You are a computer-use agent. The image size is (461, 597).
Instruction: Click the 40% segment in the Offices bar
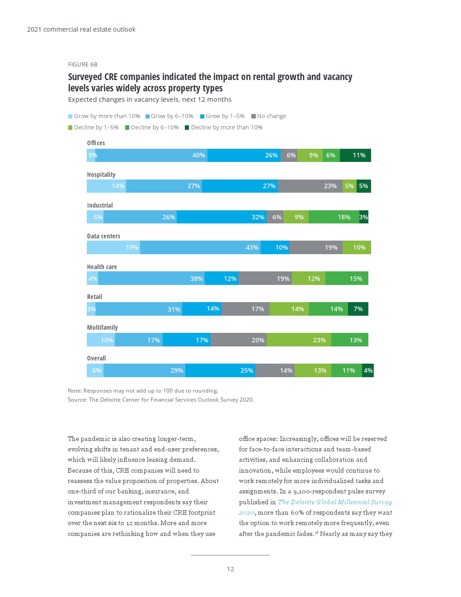[x=151, y=155]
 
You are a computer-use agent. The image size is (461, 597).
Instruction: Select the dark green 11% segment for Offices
[x=355, y=155]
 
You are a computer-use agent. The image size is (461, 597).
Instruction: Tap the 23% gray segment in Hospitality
[x=310, y=186]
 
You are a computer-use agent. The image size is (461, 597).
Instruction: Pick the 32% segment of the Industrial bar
[x=221, y=217]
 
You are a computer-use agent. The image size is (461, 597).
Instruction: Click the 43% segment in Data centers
[x=200, y=247]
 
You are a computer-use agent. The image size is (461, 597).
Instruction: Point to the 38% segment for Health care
[x=151, y=278]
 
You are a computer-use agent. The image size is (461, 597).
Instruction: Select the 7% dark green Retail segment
[x=358, y=309]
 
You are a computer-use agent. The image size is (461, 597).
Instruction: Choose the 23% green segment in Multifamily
[x=299, y=340]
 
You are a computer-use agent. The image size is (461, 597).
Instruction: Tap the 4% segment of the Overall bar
[x=368, y=370]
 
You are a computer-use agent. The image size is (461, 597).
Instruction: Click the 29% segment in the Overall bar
[x=144, y=370]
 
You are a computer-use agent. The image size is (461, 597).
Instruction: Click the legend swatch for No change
[x=254, y=116]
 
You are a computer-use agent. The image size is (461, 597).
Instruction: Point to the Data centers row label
[x=103, y=236]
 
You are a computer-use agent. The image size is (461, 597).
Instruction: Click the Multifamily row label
[x=102, y=327]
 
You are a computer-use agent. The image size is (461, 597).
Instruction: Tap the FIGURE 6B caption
[x=83, y=65]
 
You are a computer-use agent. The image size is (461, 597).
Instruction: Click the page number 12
[x=230, y=569]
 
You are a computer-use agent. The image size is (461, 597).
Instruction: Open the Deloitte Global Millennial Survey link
[x=334, y=502]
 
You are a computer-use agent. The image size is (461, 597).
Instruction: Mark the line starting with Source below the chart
[x=160, y=400]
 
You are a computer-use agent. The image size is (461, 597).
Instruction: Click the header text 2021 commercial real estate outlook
[x=81, y=29]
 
